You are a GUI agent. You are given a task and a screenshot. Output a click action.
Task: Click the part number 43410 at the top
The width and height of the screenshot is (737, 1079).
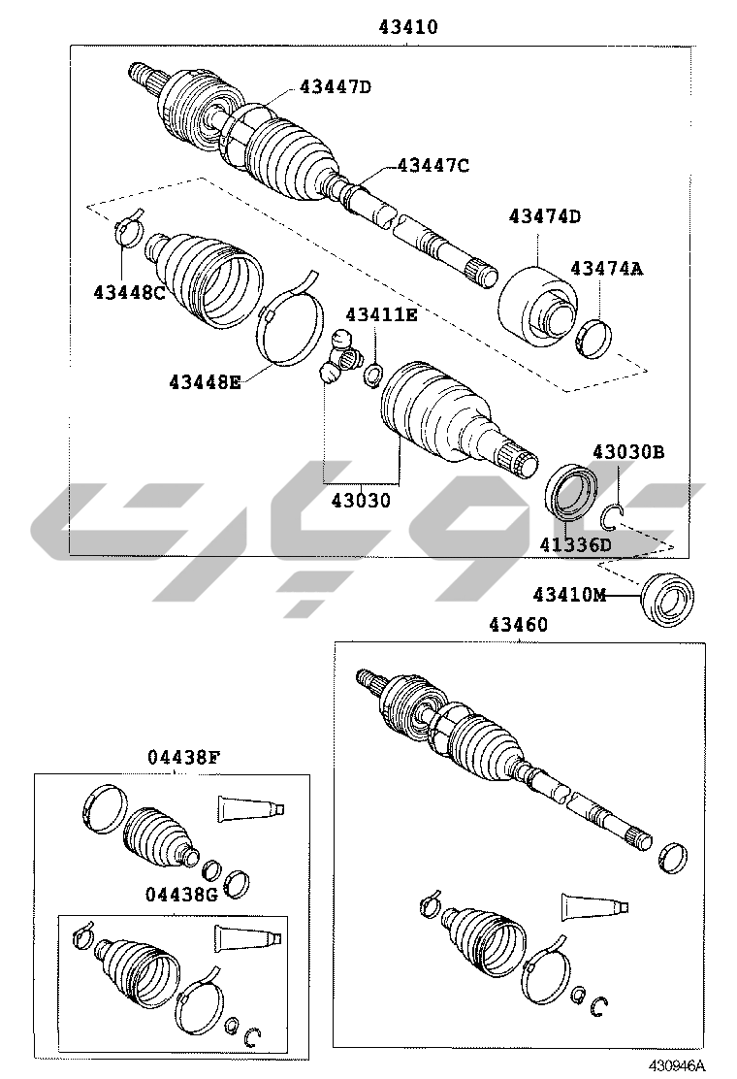tap(407, 27)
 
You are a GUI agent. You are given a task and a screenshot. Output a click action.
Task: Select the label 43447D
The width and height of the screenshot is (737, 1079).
tap(335, 86)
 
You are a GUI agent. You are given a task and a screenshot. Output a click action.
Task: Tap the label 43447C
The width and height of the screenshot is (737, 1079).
tap(433, 165)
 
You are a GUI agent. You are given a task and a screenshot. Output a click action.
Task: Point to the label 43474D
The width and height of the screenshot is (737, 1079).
tap(544, 216)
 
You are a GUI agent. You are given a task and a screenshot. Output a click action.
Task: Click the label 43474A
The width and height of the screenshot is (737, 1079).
tap(607, 268)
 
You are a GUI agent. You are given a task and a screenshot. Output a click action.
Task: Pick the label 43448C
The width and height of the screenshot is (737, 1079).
tap(129, 292)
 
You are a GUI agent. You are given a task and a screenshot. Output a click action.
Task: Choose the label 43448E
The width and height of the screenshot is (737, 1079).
tap(205, 381)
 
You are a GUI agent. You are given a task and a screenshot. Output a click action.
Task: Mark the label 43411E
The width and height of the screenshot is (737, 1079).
tap(381, 314)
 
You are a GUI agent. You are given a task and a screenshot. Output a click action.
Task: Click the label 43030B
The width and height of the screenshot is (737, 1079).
tap(628, 452)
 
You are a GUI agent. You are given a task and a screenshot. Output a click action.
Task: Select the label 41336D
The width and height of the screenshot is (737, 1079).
tap(575, 545)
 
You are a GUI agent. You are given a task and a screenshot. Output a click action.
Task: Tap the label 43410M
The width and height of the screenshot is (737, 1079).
tap(570, 594)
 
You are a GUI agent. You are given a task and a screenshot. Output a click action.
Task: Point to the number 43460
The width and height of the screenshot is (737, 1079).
tap(519, 624)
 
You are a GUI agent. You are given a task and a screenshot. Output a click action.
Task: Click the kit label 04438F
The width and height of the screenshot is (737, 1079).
tap(183, 758)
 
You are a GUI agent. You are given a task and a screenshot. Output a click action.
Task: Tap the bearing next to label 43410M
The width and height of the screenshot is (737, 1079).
tap(666, 599)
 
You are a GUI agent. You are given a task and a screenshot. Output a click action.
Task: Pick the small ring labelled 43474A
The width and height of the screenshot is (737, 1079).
tap(596, 338)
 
